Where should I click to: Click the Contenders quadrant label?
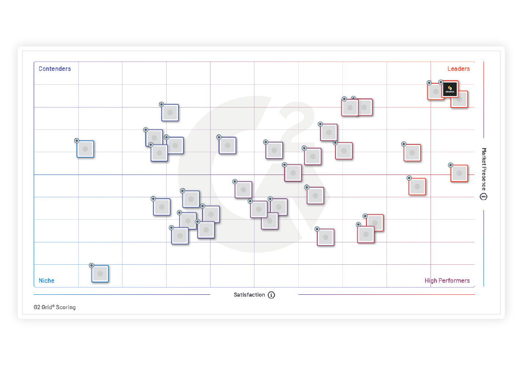tap(55, 69)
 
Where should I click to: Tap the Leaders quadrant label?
tap(458, 69)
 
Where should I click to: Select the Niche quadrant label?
tap(46, 281)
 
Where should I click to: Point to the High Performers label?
tap(447, 281)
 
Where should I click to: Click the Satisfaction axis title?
tap(249, 295)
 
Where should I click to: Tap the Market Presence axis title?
tap(484, 169)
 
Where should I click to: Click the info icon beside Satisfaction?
tap(271, 295)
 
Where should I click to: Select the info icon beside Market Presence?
tap(484, 196)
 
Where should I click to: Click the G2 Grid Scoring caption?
tap(55, 307)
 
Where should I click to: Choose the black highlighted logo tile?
tap(450, 89)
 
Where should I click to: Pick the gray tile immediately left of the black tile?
tap(435, 91)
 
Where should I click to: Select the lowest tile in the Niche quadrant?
tap(100, 274)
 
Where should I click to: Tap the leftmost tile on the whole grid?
tap(85, 149)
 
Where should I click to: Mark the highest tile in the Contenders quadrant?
tap(170, 113)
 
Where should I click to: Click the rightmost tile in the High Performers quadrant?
tap(417, 186)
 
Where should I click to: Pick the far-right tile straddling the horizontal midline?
tap(459, 173)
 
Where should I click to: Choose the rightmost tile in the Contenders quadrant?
tap(227, 145)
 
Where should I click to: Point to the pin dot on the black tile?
tap(441, 82)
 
